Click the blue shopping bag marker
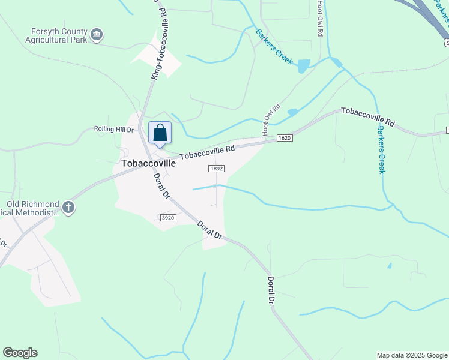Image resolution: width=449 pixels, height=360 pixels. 160,133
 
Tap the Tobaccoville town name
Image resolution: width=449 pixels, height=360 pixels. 148,163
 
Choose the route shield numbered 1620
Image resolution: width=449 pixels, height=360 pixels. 285,138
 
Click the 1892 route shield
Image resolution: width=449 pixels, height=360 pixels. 217,169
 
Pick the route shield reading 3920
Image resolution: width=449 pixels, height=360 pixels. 168,218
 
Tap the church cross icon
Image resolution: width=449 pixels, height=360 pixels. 68,208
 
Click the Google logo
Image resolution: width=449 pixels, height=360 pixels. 20,353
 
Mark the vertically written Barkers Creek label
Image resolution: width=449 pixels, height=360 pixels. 381,149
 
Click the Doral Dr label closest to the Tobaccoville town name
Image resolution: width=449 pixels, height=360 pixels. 159,185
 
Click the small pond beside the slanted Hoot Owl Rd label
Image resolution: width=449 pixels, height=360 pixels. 292,112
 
